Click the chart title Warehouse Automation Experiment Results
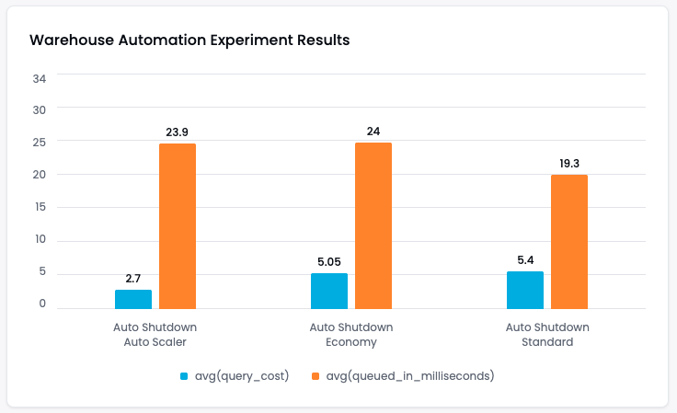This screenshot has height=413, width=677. tap(189, 40)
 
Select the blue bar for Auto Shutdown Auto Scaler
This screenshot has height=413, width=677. tap(133, 299)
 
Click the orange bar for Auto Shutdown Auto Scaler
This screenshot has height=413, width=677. tap(178, 225)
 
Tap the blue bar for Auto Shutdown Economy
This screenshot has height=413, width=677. tap(329, 291)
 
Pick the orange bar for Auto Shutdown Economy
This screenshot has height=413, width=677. tap(373, 225)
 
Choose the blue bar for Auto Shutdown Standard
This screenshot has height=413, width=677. tap(525, 290)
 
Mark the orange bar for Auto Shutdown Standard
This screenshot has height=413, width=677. tap(569, 241)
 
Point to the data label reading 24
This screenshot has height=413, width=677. tap(373, 131)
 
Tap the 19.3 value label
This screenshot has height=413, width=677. tap(569, 163)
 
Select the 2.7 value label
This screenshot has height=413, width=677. tap(133, 278)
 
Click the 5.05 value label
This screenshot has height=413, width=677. tap(329, 261)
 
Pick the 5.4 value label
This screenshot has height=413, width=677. tap(525, 259)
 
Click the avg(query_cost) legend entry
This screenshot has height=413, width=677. tap(235, 375)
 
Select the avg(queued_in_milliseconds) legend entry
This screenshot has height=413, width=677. tap(404, 375)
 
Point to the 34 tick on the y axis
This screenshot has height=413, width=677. tap(39, 77)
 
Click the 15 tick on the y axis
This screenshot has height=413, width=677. tap(39, 207)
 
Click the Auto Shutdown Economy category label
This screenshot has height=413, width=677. tap(350, 334)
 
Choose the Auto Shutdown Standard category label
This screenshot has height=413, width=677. tap(547, 334)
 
